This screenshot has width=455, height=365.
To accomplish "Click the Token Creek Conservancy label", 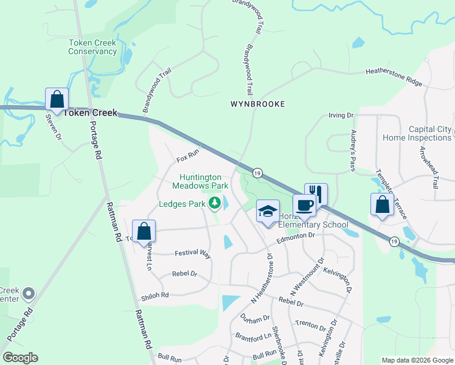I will coord(92,47).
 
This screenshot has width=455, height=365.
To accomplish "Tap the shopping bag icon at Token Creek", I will coord(57,99).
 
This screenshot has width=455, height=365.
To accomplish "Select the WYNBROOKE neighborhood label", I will coord(257,104).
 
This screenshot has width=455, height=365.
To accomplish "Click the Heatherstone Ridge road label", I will coord(393,76).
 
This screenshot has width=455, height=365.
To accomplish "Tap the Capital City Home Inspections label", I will coord(419,133).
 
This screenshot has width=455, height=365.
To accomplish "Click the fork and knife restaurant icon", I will coord(316,195).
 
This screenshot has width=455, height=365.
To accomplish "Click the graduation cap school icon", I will coord(268,211).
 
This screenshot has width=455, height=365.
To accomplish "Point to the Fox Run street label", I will coord(188,157).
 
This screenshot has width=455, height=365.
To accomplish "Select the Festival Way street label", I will coord(192,254).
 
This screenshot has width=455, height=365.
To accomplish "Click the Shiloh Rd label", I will coord(155,294).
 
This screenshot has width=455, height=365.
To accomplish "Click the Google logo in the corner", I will coord(20,358).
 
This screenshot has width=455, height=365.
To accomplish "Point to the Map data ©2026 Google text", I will coord(417,360).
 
